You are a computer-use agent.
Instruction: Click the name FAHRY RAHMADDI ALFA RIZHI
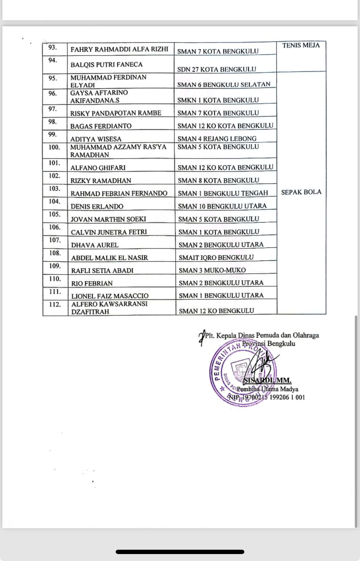119,49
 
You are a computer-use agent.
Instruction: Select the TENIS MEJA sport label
301,45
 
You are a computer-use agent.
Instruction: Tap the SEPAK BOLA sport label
301,192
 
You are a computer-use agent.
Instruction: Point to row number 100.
55,147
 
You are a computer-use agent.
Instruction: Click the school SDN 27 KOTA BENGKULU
217,69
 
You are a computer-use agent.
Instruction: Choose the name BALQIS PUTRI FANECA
107,65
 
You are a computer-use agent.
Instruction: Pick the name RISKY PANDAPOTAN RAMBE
116,113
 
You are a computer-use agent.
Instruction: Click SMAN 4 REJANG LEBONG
217,139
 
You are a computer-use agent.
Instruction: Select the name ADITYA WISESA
97,139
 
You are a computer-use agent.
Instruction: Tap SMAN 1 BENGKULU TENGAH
223,193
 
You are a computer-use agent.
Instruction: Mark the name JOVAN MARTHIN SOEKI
108,219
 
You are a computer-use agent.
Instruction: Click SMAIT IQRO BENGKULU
216,257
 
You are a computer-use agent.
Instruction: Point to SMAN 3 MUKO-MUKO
212,270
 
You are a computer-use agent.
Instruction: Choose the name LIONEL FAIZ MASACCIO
110,296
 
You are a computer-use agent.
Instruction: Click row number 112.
55,305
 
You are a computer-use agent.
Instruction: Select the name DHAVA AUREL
95,245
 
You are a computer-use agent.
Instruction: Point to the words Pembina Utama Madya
267,389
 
